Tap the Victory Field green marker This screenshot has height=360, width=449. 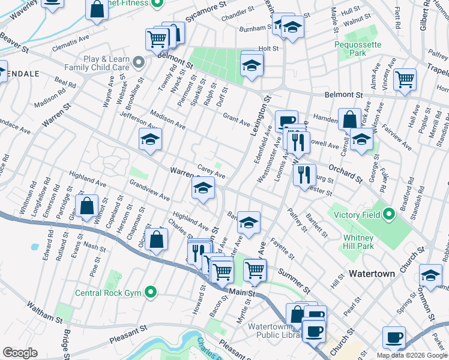[389, 214]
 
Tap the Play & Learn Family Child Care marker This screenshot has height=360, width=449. [139, 62]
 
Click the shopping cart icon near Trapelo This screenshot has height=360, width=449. [405, 79]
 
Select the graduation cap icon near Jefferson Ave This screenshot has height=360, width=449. [150, 140]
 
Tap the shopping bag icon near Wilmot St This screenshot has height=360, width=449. [87, 206]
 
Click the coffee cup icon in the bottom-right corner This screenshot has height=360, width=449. [394, 337]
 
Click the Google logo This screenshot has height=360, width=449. [20, 353]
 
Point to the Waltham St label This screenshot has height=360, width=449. [44, 313]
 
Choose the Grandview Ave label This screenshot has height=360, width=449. [149, 190]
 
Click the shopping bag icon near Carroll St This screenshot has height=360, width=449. [349, 119]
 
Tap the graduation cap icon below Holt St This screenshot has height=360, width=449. [252, 65]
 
